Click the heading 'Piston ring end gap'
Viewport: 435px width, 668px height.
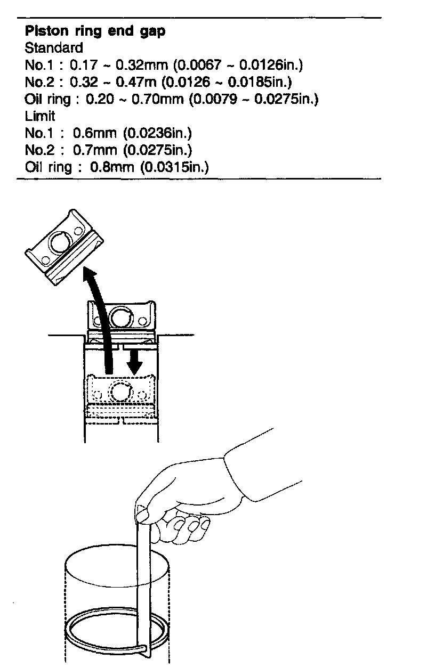(x=95, y=31)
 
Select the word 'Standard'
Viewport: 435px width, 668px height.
(x=54, y=48)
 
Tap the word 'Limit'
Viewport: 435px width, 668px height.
(x=40, y=116)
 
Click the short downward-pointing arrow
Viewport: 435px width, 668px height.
(x=133, y=362)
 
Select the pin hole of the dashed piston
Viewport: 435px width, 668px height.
(x=120, y=392)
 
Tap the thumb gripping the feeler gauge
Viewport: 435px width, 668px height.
(x=143, y=514)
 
